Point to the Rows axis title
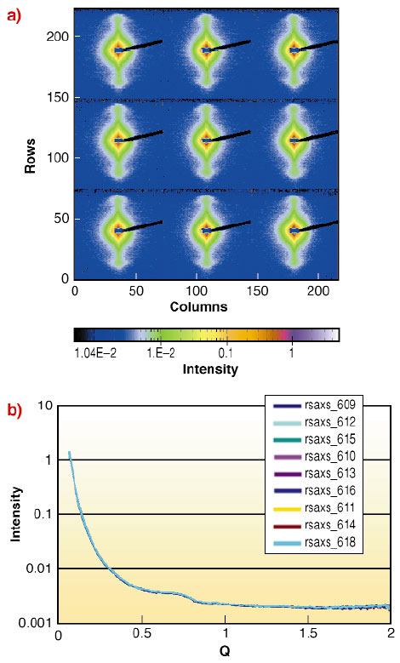(29, 157)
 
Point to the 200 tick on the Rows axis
(58, 37)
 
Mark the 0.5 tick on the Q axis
(140, 636)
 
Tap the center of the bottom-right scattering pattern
(294, 230)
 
